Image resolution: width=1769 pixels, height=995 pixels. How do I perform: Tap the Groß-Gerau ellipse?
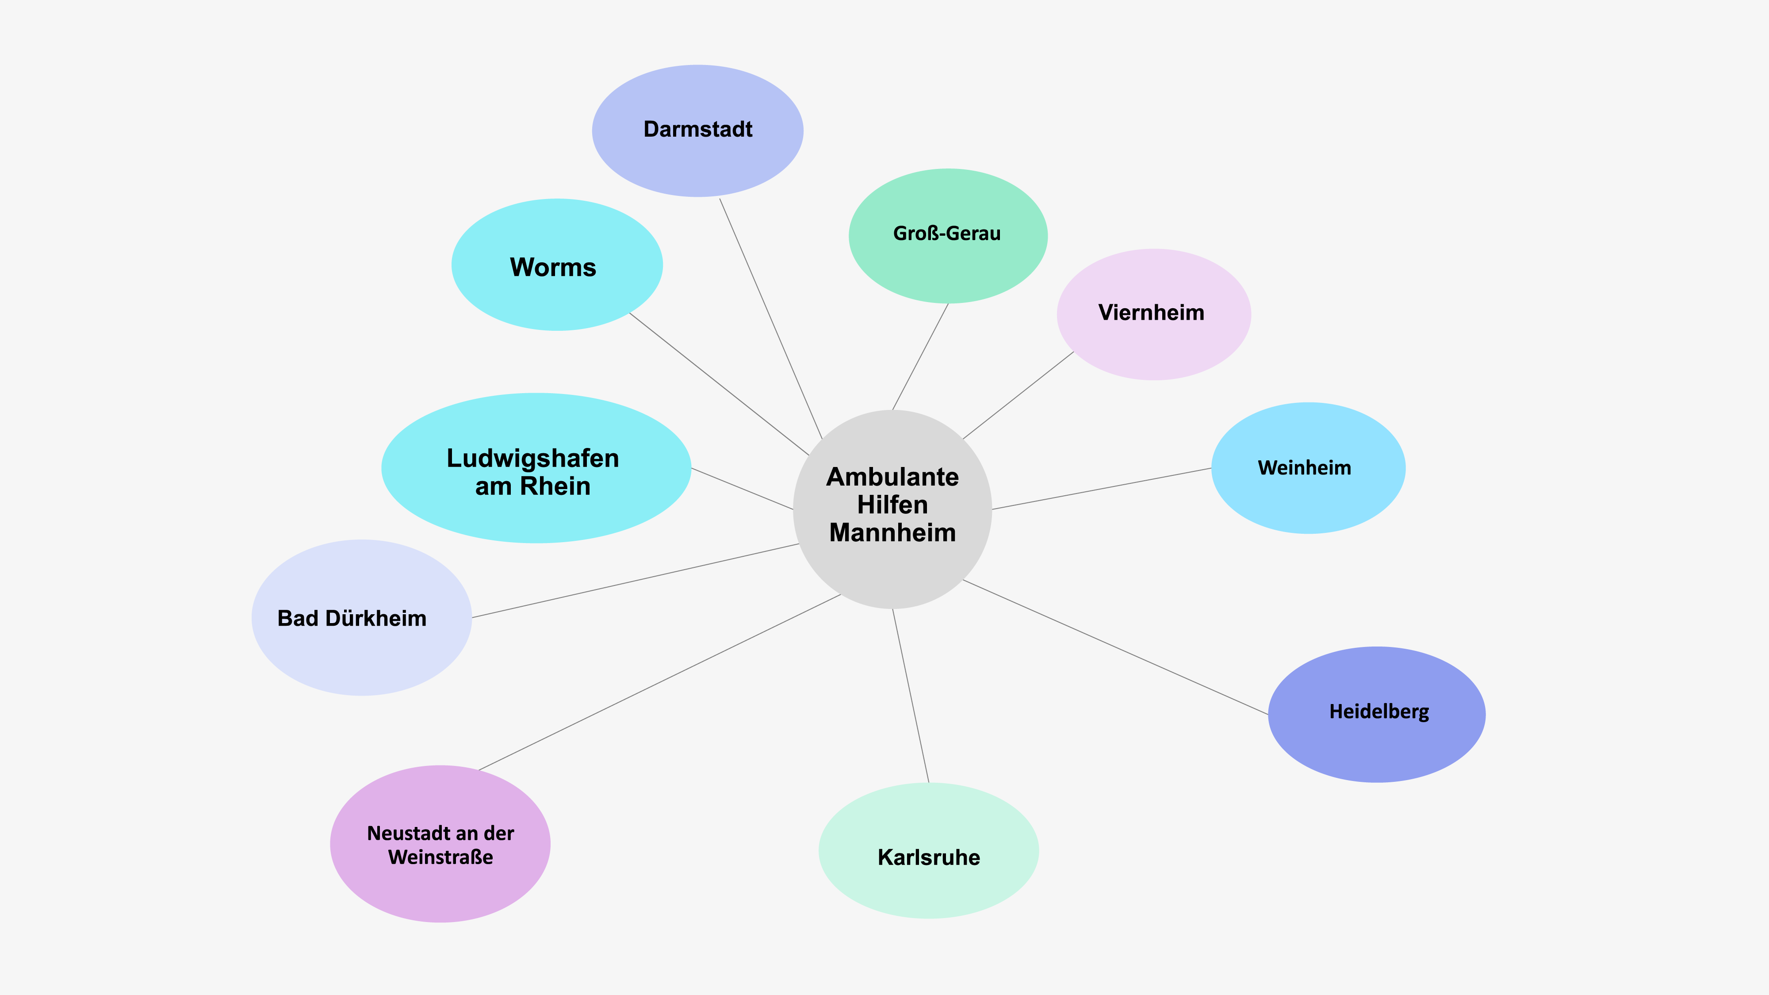[948, 236]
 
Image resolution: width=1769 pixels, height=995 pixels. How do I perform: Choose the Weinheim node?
[1308, 467]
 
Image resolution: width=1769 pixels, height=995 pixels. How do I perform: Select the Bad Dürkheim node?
[361, 617]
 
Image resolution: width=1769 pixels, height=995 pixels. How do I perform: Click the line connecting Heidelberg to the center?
[1115, 647]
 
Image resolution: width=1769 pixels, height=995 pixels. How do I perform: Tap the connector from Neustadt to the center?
[659, 682]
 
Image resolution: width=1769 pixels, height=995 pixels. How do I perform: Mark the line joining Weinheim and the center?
[1102, 489]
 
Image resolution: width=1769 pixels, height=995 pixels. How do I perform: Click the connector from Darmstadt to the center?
[770, 318]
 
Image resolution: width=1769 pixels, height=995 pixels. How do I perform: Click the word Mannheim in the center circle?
[892, 533]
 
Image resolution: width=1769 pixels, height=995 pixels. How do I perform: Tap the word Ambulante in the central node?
[892, 477]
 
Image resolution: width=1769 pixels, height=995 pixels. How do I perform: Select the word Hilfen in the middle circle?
[892, 505]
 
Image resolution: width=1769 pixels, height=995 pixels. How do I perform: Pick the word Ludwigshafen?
[533, 458]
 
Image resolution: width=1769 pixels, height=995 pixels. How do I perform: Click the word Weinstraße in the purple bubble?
[440, 857]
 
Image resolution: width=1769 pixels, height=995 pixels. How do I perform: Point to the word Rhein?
[555, 486]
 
